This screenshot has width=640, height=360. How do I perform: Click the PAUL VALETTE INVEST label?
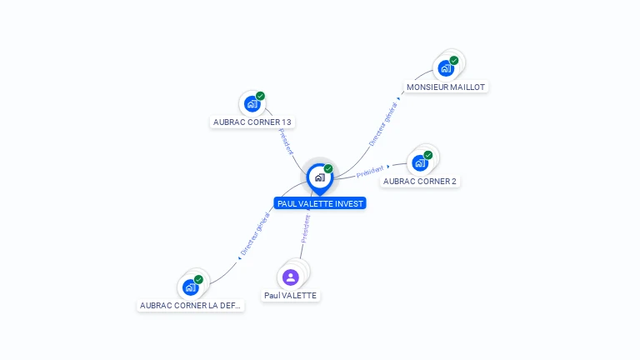(320, 203)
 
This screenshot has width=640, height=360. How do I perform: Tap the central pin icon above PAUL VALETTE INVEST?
(320, 179)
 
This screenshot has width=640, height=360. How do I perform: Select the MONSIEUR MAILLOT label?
(446, 87)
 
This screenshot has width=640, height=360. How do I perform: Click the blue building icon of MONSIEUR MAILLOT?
(446, 68)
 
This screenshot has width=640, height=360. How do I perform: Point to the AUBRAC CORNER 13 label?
(252, 122)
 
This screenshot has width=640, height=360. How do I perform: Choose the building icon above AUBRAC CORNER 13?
(252, 103)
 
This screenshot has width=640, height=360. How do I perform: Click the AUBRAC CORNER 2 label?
(420, 181)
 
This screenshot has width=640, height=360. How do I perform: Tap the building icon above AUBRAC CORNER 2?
(420, 163)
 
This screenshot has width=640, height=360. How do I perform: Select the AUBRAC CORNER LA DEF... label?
(190, 305)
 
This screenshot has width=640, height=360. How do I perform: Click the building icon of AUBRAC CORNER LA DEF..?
(191, 287)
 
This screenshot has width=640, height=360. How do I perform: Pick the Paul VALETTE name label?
(290, 296)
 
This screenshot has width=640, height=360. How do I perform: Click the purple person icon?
(291, 277)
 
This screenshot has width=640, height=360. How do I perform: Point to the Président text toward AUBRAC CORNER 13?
(286, 141)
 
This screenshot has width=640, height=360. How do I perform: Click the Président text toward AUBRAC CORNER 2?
(370, 172)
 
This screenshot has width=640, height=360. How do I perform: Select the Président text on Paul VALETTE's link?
(306, 229)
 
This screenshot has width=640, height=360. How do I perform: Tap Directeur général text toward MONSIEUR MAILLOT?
(382, 124)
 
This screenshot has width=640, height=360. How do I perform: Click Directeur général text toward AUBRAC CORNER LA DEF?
(256, 234)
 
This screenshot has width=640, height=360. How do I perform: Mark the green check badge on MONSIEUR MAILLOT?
(454, 60)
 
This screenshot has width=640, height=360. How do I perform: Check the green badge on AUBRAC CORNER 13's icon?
(260, 96)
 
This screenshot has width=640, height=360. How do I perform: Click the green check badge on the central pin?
(328, 168)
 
